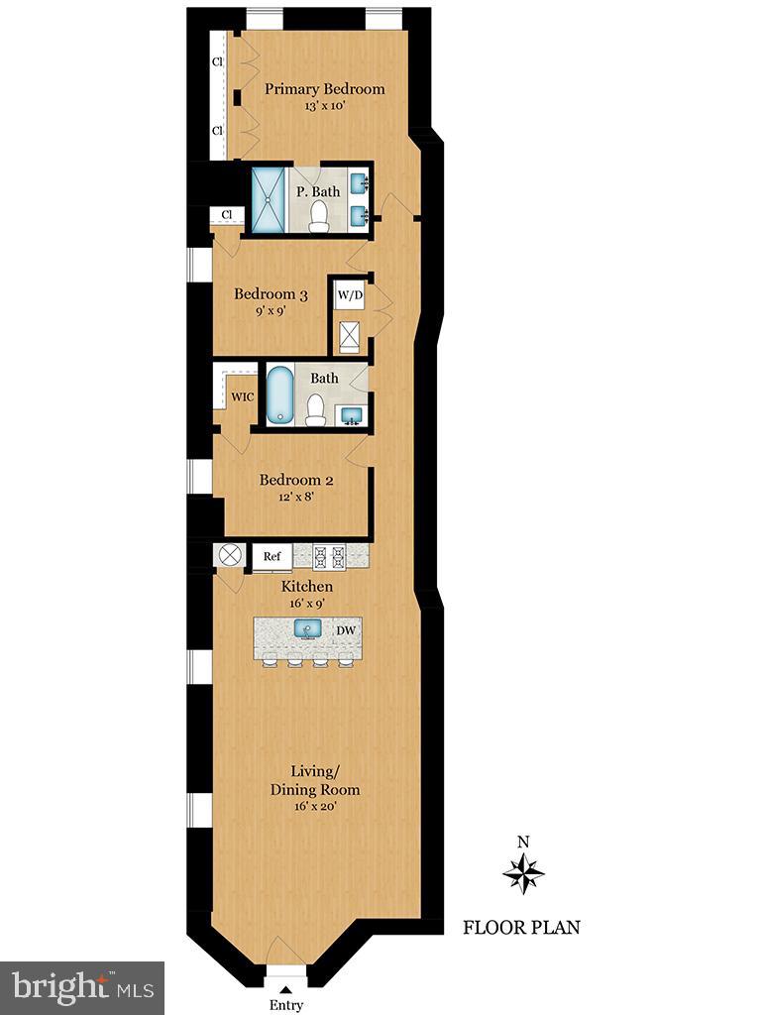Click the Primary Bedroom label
pyautogui.click(x=324, y=89)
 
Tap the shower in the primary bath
pyautogui.click(x=268, y=200)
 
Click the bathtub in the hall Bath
pyautogui.click(x=279, y=395)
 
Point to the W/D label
pyautogui.click(x=350, y=294)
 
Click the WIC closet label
pyautogui.click(x=242, y=397)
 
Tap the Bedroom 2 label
pyautogui.click(x=296, y=481)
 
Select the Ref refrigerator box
pyautogui.click(x=272, y=557)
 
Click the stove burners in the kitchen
pyautogui.click(x=328, y=556)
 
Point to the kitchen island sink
pyautogui.click(x=307, y=629)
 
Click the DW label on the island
pyautogui.click(x=346, y=630)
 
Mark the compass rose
pyautogui.click(x=524, y=874)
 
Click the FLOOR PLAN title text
pyautogui.click(x=521, y=928)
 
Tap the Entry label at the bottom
pyautogui.click(x=286, y=1005)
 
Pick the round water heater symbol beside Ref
pyautogui.click(x=232, y=555)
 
